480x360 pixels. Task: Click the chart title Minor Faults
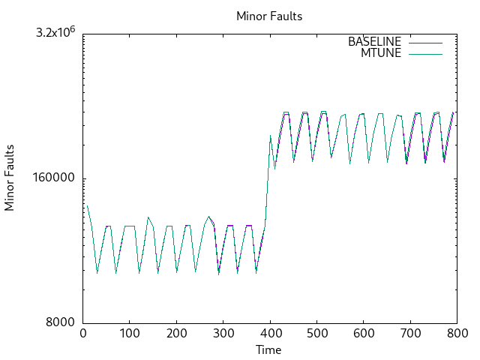pyautogui.click(x=269, y=16)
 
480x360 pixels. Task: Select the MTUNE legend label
pyautogui.click(x=381, y=53)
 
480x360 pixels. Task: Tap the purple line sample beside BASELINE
pyautogui.click(x=425, y=42)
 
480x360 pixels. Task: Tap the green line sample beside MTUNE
pyautogui.click(x=425, y=53)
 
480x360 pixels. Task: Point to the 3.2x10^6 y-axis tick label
pyautogui.click(x=57, y=33)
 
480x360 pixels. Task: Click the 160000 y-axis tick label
pyautogui.click(x=57, y=178)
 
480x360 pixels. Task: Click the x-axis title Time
pyautogui.click(x=269, y=349)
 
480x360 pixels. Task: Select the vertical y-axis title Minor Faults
pyautogui.click(x=10, y=178)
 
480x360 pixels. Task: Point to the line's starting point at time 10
pyautogui.click(x=87, y=205)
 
